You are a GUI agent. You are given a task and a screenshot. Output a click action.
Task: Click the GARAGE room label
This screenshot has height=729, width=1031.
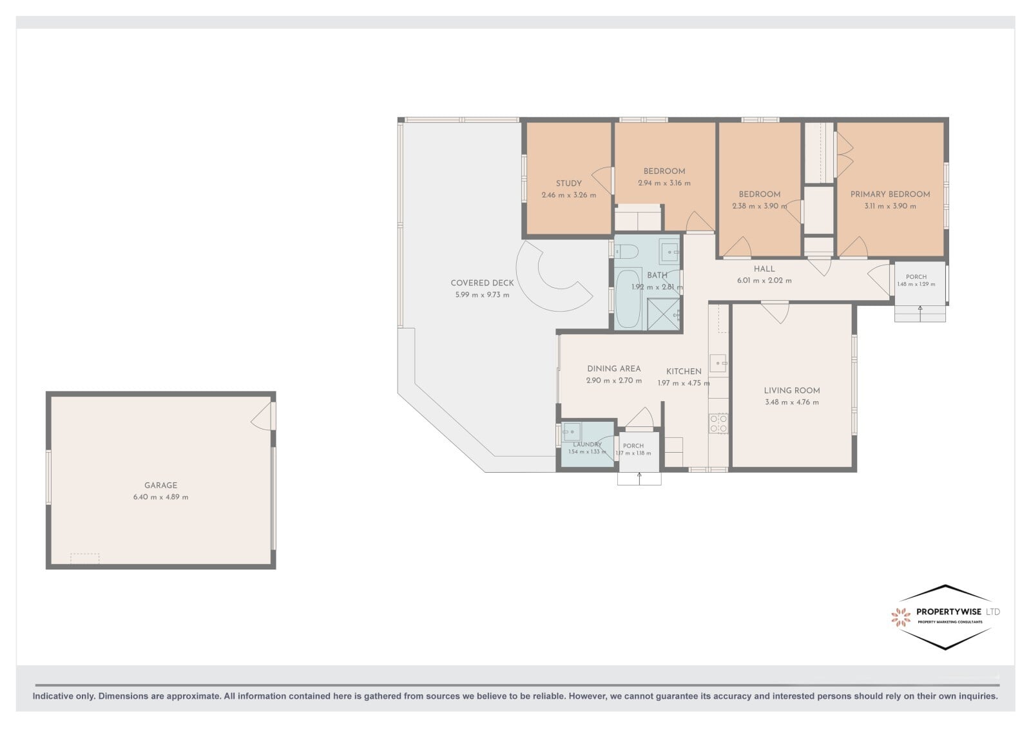(160, 485)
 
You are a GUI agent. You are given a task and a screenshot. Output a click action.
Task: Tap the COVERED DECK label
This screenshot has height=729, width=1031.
(482, 283)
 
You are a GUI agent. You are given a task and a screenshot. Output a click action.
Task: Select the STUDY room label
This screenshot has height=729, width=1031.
(568, 184)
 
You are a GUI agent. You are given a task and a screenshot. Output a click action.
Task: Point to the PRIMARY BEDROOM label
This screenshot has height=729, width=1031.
(890, 194)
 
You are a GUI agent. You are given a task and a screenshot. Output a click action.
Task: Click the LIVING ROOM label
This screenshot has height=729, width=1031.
(792, 391)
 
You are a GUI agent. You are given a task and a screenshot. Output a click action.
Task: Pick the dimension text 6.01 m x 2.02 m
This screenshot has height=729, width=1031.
(764, 281)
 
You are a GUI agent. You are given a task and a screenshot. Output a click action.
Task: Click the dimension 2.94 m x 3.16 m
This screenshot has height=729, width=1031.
(664, 183)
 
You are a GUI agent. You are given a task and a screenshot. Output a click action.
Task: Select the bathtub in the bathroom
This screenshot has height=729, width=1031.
(628, 298)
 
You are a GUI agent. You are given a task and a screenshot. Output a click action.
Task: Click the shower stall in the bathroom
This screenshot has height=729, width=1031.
(663, 314)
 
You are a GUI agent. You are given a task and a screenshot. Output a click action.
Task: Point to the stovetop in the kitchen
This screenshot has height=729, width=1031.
(718, 424)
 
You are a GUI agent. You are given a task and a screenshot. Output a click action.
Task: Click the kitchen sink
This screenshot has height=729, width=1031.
(718, 363)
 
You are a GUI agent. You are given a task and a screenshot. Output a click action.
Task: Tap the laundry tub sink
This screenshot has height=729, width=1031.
(571, 432)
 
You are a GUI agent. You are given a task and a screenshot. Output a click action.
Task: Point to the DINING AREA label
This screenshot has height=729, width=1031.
(613, 369)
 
